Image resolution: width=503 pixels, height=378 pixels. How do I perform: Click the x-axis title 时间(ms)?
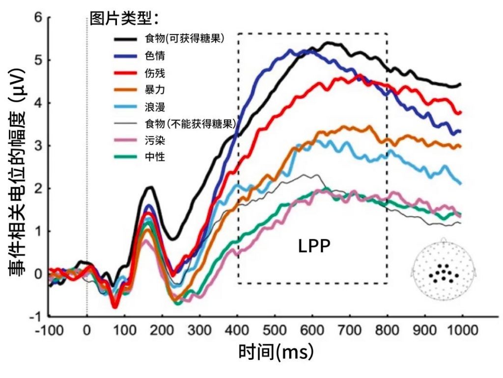pos(276,352)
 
